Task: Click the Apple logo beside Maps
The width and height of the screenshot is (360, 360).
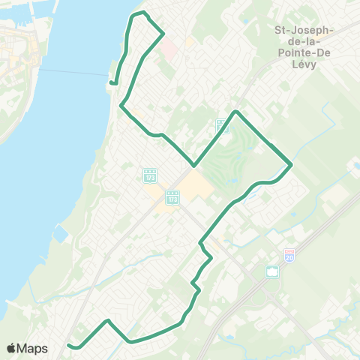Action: tap(11, 349)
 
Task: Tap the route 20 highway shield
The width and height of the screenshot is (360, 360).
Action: tap(290, 256)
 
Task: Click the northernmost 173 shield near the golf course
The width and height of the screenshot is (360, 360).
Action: tap(223, 125)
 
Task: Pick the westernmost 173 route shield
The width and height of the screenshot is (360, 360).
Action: tap(149, 175)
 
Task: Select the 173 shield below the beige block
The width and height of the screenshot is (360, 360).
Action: tap(172, 199)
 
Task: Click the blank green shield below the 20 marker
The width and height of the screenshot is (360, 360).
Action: tap(272, 271)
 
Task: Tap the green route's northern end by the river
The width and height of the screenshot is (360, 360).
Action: tap(111, 83)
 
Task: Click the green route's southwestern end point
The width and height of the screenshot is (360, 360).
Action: tap(69, 345)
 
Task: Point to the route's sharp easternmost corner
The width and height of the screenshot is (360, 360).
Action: tap(291, 164)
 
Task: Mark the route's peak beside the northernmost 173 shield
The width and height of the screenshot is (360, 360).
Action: tap(236, 112)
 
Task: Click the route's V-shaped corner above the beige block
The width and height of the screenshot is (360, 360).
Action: tap(194, 165)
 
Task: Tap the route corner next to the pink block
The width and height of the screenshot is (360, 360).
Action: tap(163, 33)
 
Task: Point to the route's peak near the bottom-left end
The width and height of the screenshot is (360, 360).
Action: tap(109, 320)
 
